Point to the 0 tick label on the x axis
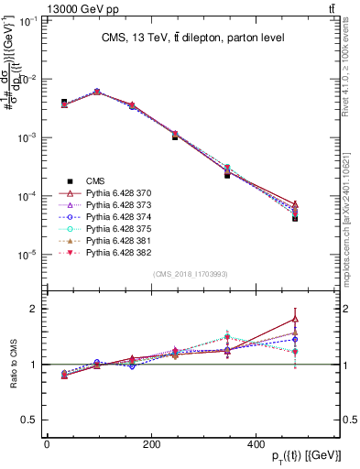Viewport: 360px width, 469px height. pyautogui.click(x=47, y=443)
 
